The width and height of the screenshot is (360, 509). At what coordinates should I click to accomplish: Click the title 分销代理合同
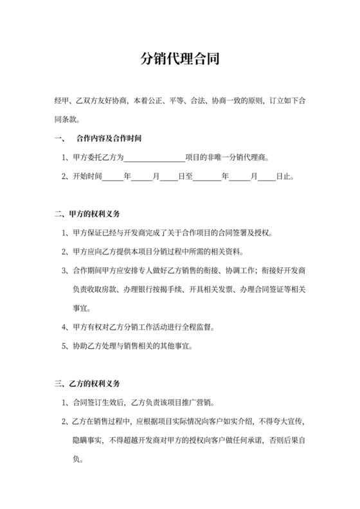pos(180,59)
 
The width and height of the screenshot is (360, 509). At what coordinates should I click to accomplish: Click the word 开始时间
pos(87,177)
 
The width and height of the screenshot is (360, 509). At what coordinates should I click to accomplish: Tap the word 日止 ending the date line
pos(285,177)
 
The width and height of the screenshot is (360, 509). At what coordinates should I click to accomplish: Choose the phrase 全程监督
pos(199,327)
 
